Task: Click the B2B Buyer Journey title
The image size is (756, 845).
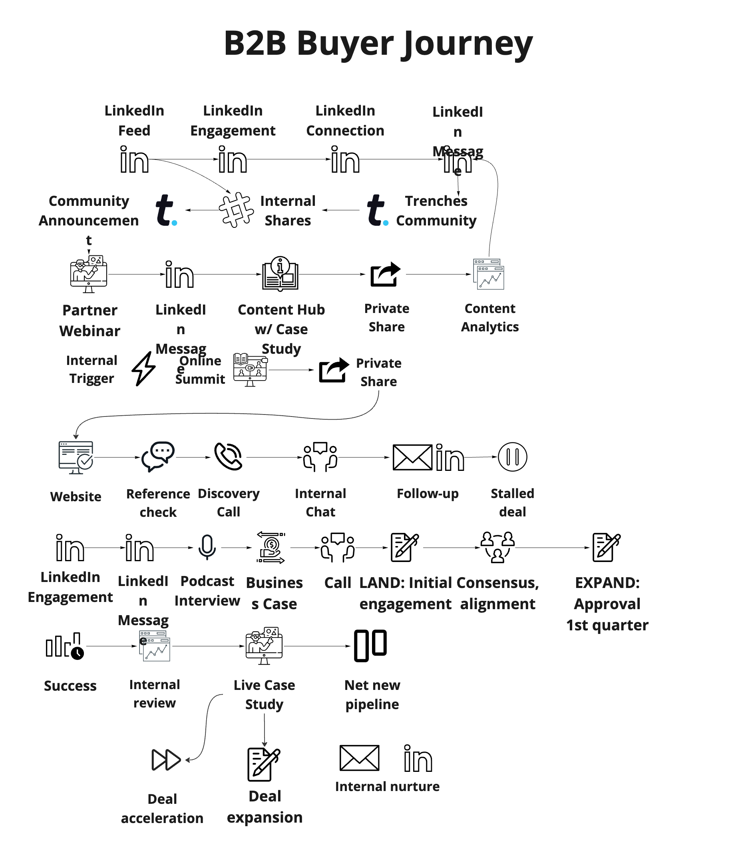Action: coord(378,44)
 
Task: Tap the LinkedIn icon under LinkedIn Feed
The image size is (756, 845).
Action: coord(134,159)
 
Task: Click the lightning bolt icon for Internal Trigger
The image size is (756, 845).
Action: coord(143,369)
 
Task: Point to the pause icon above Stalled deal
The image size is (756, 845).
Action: coord(512,457)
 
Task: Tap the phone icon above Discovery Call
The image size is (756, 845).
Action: coord(228,456)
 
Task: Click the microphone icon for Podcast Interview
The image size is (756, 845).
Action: coord(207,547)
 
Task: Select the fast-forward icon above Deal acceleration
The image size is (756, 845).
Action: coord(166,760)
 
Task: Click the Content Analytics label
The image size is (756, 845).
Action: coord(490,318)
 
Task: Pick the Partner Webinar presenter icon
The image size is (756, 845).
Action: coord(88,274)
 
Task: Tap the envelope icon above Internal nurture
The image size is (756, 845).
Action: coord(359,758)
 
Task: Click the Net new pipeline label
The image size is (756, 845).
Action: coord(372,695)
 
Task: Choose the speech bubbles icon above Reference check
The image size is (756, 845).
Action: coord(158,456)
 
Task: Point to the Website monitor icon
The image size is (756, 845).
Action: coord(76,457)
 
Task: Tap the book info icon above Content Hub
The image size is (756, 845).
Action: coord(281,273)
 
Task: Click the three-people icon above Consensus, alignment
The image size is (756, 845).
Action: coord(497,547)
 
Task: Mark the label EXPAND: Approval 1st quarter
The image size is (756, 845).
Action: coord(607,604)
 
